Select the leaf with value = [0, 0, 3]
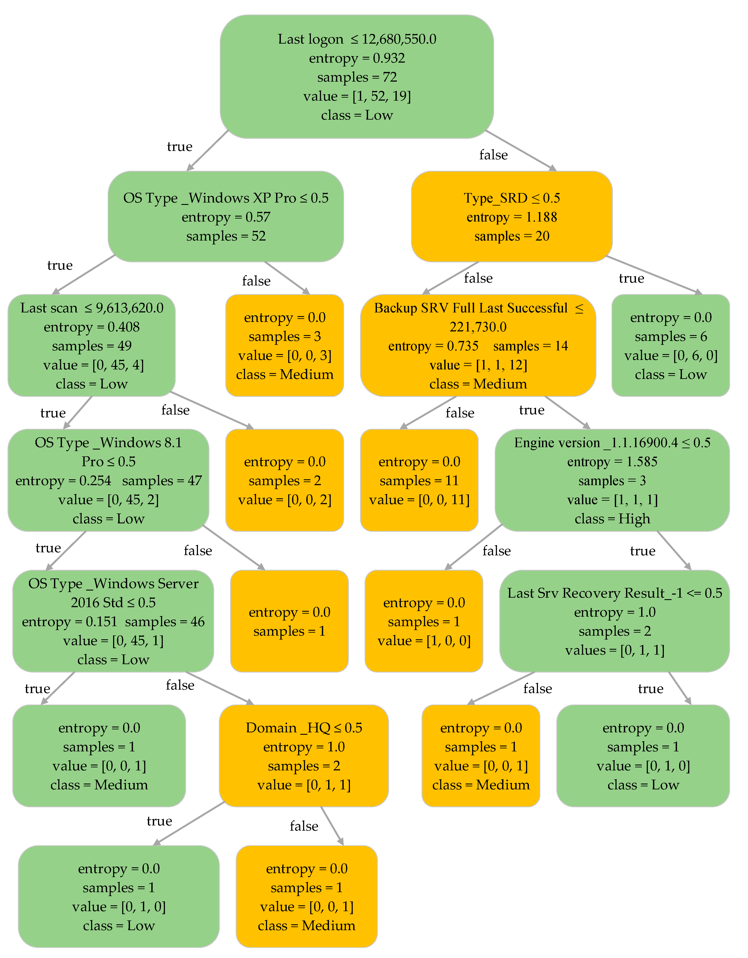[285, 346]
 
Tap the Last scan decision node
[92, 346]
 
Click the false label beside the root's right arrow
[493, 155]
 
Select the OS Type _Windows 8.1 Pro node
[108, 480]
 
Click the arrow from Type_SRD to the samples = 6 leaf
[653, 275]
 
